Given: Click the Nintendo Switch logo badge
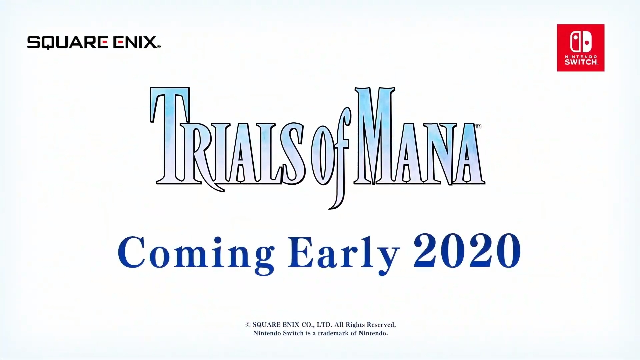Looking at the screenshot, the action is [x=581, y=48].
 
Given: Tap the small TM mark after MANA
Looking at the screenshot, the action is [x=478, y=126].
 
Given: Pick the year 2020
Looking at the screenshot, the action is [x=467, y=251].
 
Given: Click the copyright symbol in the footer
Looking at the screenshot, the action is [x=248, y=325].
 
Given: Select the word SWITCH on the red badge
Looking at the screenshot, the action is [x=581, y=62].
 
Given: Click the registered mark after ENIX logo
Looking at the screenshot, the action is [x=159, y=47].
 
